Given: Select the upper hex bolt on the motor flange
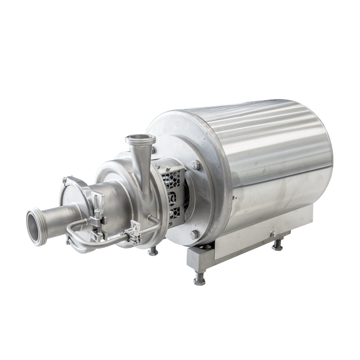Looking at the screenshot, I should pos(195,165).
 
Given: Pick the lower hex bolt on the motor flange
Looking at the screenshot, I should pos(194,234).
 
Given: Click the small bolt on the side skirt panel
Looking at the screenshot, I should pos(273,234).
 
